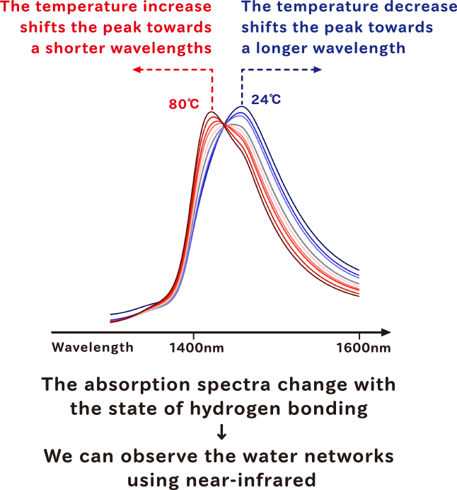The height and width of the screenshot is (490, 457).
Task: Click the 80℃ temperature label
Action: (x=184, y=104)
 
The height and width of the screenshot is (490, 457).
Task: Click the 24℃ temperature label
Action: (x=266, y=99)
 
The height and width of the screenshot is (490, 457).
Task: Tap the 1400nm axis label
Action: (x=197, y=348)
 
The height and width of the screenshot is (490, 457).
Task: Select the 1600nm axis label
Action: (x=364, y=348)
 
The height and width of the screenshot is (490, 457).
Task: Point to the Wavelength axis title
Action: (x=93, y=348)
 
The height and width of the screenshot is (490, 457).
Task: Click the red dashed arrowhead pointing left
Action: (x=137, y=69)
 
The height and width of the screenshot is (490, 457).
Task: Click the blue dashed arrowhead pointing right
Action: (x=318, y=69)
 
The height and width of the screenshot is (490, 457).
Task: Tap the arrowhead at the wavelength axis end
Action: (x=386, y=332)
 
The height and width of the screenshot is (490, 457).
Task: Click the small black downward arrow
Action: (x=221, y=431)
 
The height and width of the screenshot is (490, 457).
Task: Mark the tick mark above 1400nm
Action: (x=194, y=336)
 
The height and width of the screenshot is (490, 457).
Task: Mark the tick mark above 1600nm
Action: (x=359, y=336)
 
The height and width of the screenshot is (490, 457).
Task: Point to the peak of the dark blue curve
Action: (x=242, y=106)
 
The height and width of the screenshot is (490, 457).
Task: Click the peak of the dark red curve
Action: (x=212, y=112)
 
